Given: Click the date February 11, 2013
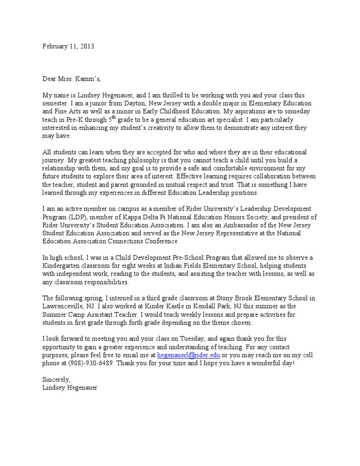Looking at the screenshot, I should point(68,46).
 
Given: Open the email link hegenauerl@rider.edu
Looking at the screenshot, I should point(188,355).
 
